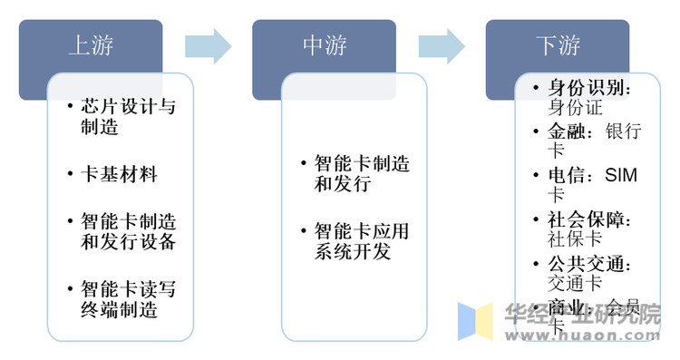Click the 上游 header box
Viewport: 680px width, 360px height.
coord(91,44)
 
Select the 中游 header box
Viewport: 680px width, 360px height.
coord(324,44)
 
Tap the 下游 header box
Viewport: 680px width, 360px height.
coord(558,44)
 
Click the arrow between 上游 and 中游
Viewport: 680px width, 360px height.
coord(208,44)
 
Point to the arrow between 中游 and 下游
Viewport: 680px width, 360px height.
coord(442,44)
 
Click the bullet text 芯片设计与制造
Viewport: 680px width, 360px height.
coord(128,117)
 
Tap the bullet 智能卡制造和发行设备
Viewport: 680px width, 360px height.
coord(128,231)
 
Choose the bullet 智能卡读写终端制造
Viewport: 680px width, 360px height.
coord(128,299)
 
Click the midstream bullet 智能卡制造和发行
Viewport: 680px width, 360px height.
coord(361,173)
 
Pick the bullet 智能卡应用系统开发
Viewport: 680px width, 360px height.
coord(361,241)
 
